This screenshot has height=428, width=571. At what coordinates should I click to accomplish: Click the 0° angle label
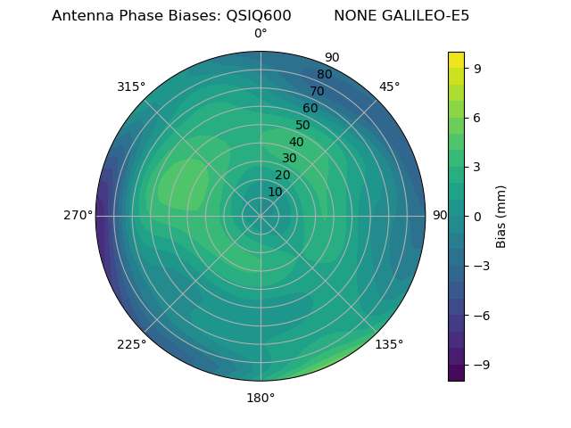pyautogui.click(x=261, y=34)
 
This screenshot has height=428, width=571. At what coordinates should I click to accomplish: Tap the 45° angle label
pyautogui.click(x=389, y=86)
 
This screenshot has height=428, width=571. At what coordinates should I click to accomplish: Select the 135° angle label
pyautogui.click(x=389, y=344)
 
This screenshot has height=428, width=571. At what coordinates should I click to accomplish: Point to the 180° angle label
pyautogui.click(x=261, y=398)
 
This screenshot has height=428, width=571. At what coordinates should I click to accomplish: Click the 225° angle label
pyautogui.click(x=131, y=344)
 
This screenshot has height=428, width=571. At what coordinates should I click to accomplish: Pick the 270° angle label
pyautogui.click(x=79, y=216)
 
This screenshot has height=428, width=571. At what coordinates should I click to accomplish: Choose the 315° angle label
pyautogui.click(x=131, y=86)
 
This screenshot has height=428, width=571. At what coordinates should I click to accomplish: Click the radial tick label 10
pyautogui.click(x=275, y=192)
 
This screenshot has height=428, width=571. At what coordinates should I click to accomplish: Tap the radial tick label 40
pyautogui.click(x=296, y=143)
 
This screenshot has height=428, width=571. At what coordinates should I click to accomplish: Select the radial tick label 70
pyautogui.click(x=317, y=91)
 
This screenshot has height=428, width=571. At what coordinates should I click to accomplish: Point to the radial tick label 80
pyautogui.click(x=324, y=74)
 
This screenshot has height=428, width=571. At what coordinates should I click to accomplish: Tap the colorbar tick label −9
pyautogui.click(x=481, y=365)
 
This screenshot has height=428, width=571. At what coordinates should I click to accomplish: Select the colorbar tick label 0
pyautogui.click(x=477, y=217)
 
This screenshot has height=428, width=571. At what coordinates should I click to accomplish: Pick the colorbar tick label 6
pyautogui.click(x=477, y=118)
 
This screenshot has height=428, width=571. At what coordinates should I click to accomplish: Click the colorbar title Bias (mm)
pyautogui.click(x=501, y=217)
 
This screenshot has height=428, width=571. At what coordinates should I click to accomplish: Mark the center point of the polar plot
pyautogui.click(x=261, y=216)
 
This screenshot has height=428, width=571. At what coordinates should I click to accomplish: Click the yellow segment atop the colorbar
pyautogui.click(x=456, y=60)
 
